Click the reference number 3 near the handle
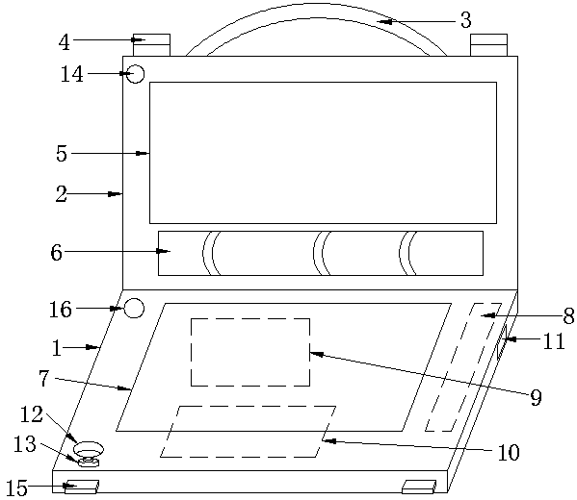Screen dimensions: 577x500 [x=466, y=20]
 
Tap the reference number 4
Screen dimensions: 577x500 [x=64, y=42]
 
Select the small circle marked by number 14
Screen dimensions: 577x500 [x=135, y=74]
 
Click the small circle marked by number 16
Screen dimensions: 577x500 [x=134, y=308]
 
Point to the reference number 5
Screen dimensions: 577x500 [x=62, y=154]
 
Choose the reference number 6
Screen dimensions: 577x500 [x=56, y=252]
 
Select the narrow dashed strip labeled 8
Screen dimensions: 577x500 [x=463, y=367]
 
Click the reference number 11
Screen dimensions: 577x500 [x=554, y=341]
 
